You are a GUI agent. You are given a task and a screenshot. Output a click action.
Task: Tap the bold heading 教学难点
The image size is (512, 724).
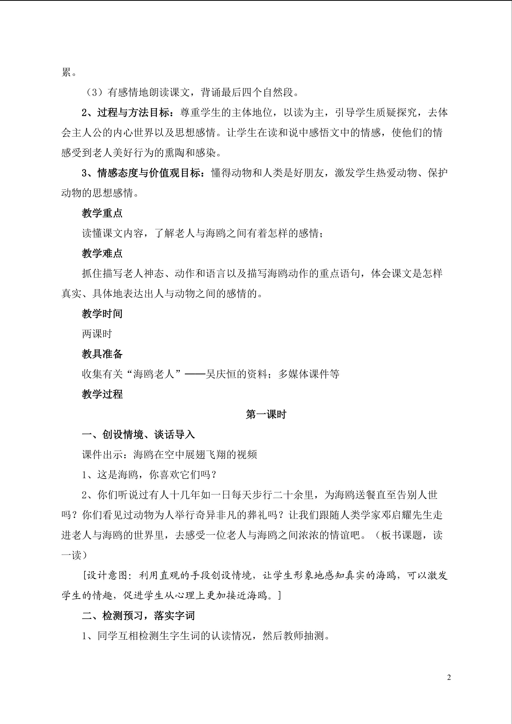pyautogui.click(x=102, y=253)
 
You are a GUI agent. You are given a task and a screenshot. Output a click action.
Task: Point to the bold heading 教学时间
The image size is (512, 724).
pyautogui.click(x=102, y=314)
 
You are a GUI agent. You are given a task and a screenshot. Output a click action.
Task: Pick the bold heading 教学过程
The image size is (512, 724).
pyautogui.click(x=102, y=394)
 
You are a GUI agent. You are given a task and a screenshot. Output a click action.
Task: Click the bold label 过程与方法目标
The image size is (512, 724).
pyautogui.click(x=133, y=113)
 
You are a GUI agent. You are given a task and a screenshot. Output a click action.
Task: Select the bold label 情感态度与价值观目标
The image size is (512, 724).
pyautogui.click(x=149, y=173)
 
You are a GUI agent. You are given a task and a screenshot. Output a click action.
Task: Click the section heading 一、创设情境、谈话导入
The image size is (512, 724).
pyautogui.click(x=138, y=435)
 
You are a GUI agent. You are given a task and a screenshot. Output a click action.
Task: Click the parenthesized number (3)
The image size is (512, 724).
pyautogui.click(x=94, y=93)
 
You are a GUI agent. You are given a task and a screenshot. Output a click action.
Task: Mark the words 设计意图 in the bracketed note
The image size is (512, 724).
pyautogui.click(x=107, y=575)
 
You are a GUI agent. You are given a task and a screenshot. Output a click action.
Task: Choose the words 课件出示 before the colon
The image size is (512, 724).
pyautogui.click(x=102, y=454)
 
